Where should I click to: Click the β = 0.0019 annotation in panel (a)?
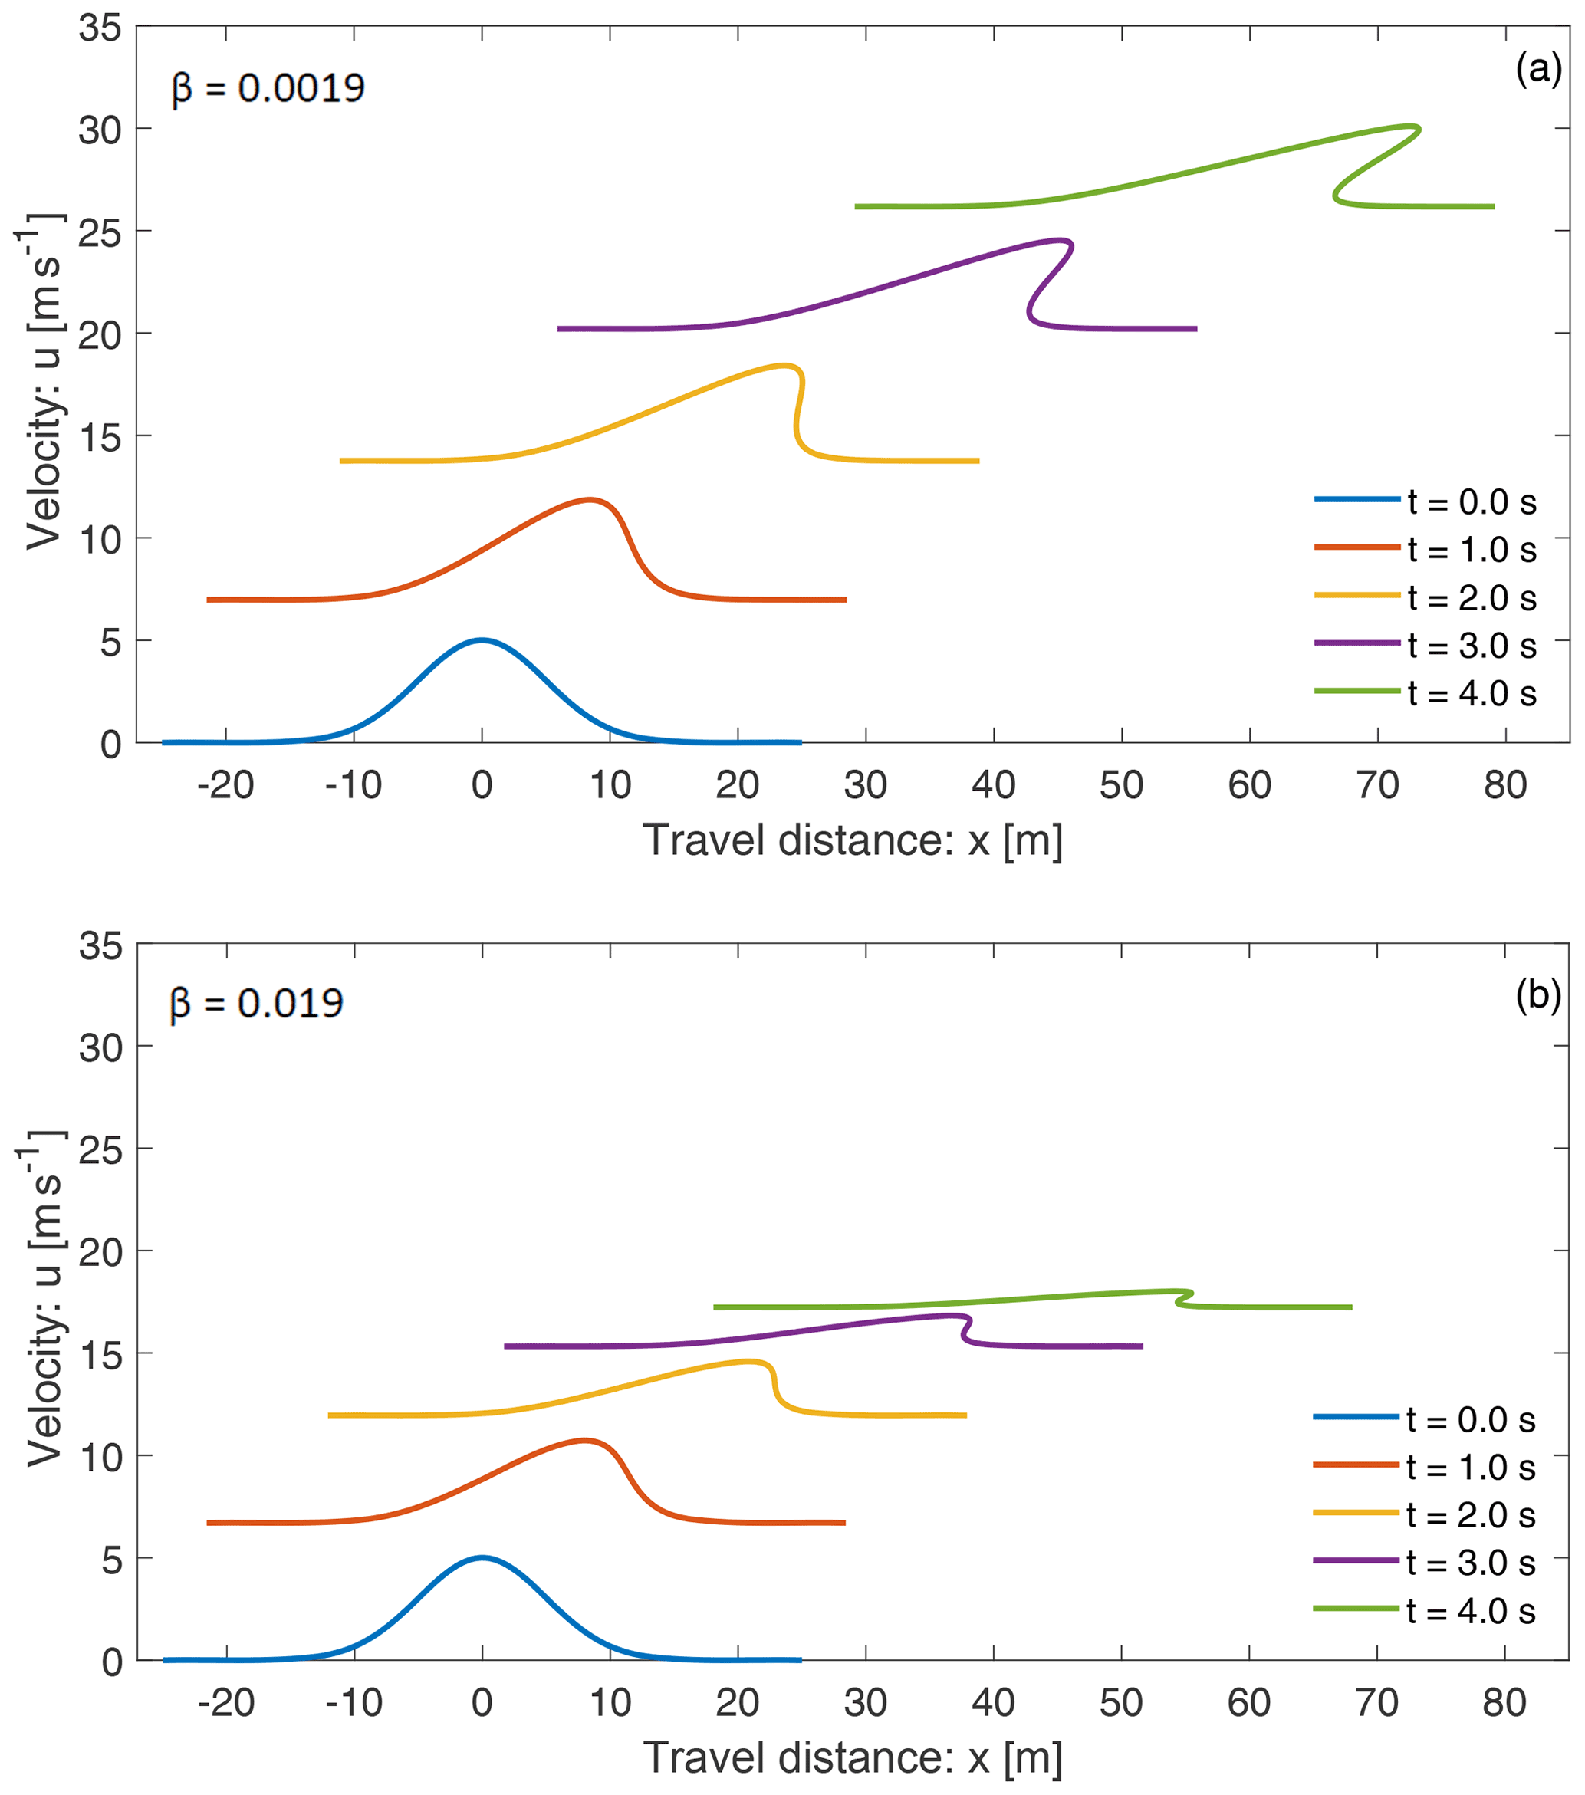pyautogui.click(x=268, y=88)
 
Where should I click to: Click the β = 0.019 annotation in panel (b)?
pyautogui.click(x=255, y=1003)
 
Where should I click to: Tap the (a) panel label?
pyautogui.click(x=1538, y=68)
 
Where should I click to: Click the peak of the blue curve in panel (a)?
pyautogui.click(x=482, y=639)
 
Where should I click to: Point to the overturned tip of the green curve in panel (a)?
pyautogui.click(x=1416, y=129)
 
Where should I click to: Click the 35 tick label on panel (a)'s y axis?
pyautogui.click(x=100, y=28)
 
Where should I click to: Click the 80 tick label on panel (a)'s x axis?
pyautogui.click(x=1505, y=785)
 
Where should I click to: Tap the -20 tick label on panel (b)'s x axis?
pyautogui.click(x=225, y=1703)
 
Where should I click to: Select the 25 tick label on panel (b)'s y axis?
pyautogui.click(x=100, y=1149)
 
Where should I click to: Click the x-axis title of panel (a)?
pyautogui.click(x=853, y=840)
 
